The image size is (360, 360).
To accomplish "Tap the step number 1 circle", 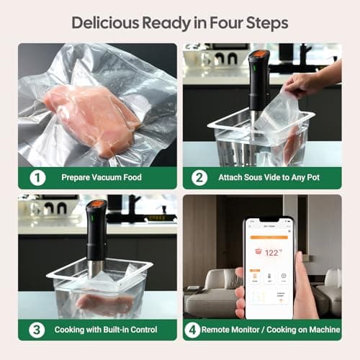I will coord(37,177).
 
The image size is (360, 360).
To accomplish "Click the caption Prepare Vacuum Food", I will coord(102,177).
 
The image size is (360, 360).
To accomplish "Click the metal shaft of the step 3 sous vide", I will coord(94,268).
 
